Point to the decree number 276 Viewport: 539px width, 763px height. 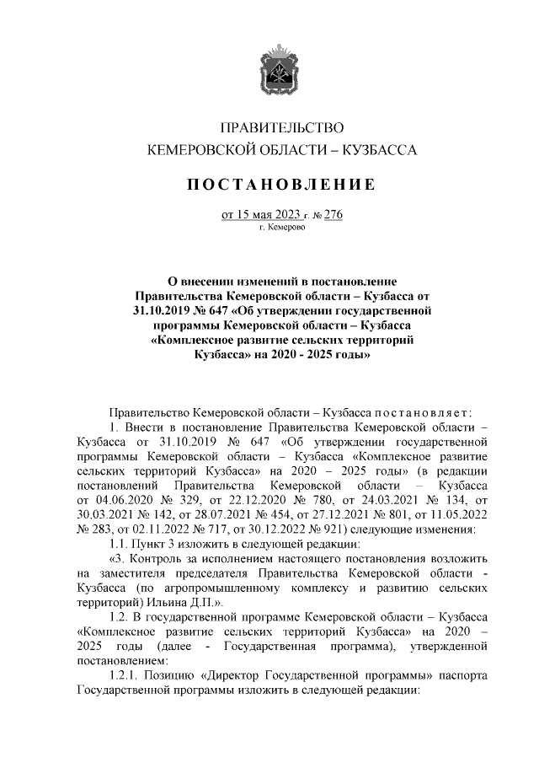tap(333, 214)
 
